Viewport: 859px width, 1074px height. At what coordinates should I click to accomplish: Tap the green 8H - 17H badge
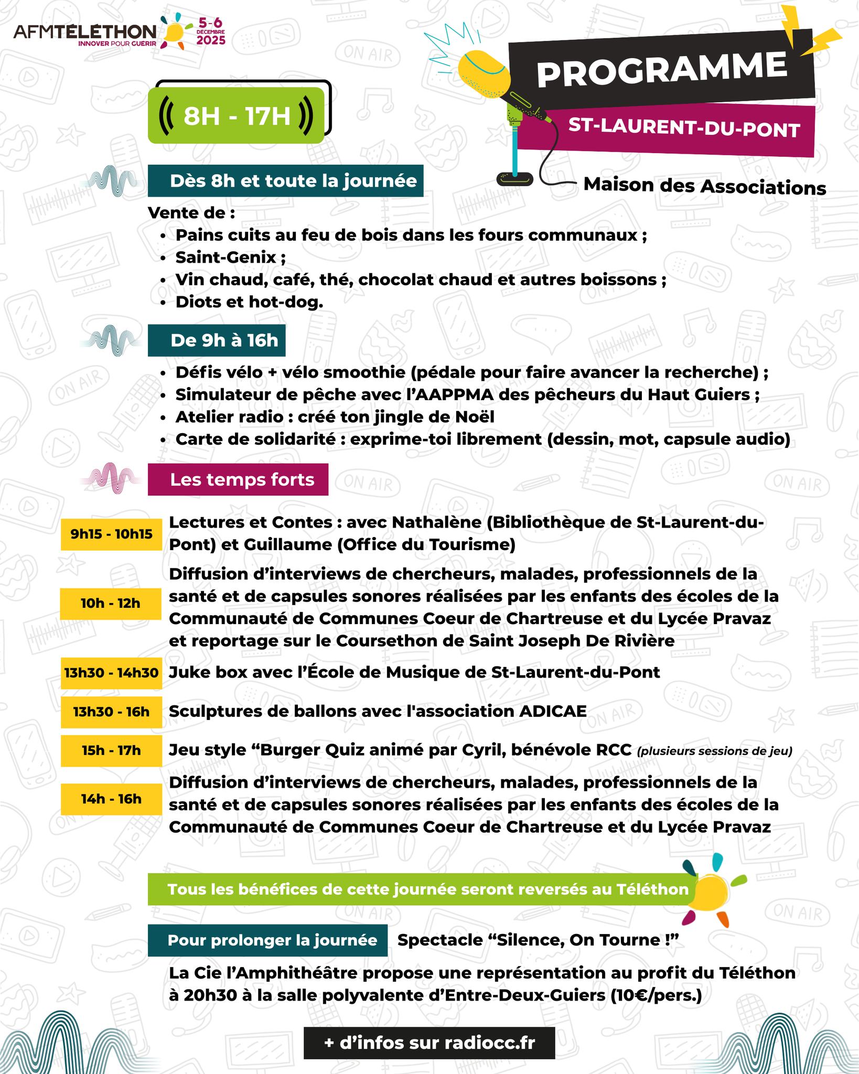click(236, 116)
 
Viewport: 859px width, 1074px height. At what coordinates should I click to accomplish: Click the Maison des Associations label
click(704, 186)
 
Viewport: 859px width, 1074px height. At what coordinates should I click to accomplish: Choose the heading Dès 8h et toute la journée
click(286, 181)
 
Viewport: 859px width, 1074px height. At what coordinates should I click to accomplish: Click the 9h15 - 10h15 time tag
click(111, 534)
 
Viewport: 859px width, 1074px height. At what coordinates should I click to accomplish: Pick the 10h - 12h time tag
click(111, 603)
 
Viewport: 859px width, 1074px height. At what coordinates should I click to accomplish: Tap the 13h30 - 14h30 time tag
click(111, 673)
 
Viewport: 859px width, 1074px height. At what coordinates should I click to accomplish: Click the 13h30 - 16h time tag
click(111, 712)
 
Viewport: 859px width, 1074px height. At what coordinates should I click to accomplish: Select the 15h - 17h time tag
click(111, 750)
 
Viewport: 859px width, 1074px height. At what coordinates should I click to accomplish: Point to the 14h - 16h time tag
click(111, 799)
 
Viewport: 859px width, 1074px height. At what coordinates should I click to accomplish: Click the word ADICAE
click(553, 712)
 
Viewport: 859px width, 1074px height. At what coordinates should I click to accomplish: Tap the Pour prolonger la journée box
click(267, 940)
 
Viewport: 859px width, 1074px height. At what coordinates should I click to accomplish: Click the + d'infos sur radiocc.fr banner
click(429, 1028)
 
